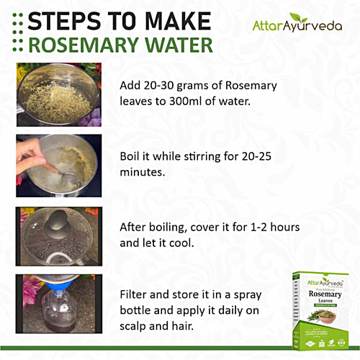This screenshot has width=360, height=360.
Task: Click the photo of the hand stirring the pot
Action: pyautogui.click(x=53, y=165)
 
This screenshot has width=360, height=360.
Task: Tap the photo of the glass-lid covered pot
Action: pyautogui.click(x=53, y=237)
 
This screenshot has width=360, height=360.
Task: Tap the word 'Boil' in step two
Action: pyautogui.click(x=132, y=155)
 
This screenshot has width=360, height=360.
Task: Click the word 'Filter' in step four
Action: pyautogui.click(x=135, y=296)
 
